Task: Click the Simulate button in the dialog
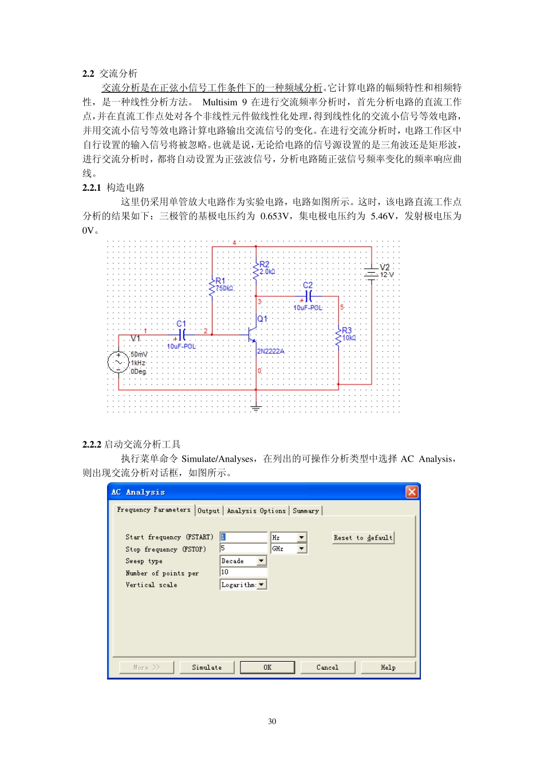(x=207, y=667)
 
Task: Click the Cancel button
(x=328, y=667)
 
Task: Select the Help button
(x=388, y=667)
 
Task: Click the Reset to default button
(x=363, y=538)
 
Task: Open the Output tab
(x=208, y=510)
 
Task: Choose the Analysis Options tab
(x=256, y=510)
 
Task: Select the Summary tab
(x=306, y=510)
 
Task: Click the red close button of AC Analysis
(x=412, y=492)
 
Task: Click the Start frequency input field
(x=244, y=537)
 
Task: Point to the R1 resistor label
(x=220, y=281)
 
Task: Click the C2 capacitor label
(x=308, y=285)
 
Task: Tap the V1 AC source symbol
(x=119, y=363)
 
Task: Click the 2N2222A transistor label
(x=270, y=351)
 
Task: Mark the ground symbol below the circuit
(x=256, y=408)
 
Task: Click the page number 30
(x=272, y=721)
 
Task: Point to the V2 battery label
(x=384, y=268)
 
